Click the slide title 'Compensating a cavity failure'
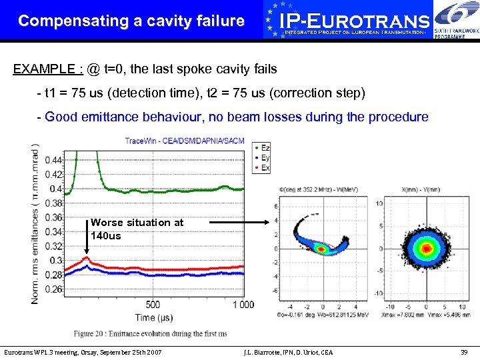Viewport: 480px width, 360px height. pyautogui.click(x=131, y=21)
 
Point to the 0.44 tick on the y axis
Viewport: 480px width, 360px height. pyautogui.click(x=54, y=160)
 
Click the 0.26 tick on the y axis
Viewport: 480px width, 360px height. pyautogui.click(x=54, y=289)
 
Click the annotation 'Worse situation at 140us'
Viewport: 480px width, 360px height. pyautogui.click(x=137, y=229)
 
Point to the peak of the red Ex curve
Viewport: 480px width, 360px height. pyautogui.click(x=85, y=257)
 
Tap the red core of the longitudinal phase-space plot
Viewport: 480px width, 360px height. pyautogui.click(x=322, y=249)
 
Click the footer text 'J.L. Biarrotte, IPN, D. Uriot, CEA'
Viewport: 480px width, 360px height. pyautogui.click(x=288, y=352)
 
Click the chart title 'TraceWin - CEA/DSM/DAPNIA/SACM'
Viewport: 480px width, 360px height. pyautogui.click(x=185, y=141)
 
